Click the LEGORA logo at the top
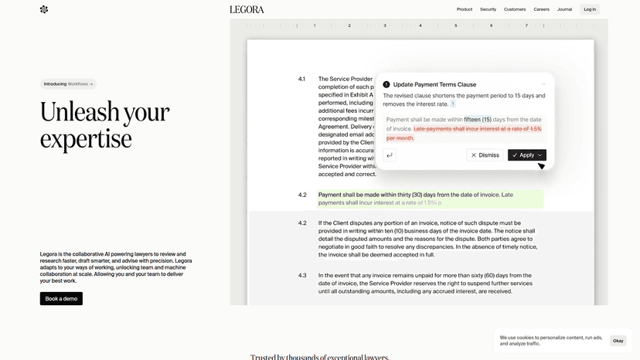(x=247, y=9)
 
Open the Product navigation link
(x=465, y=9)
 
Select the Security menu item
(x=488, y=9)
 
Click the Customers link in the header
(x=515, y=9)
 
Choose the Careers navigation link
(x=541, y=9)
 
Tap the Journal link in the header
(x=565, y=9)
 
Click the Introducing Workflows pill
(x=68, y=84)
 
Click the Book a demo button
(x=61, y=298)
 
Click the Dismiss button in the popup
(x=485, y=155)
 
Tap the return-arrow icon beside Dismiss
(x=390, y=155)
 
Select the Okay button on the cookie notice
(x=618, y=341)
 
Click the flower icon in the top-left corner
(x=44, y=9)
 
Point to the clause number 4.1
(x=301, y=79)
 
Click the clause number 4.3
(x=302, y=276)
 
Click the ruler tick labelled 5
(x=455, y=25)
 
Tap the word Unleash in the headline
(x=80, y=112)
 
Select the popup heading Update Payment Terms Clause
(x=434, y=84)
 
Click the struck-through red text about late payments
(x=477, y=129)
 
